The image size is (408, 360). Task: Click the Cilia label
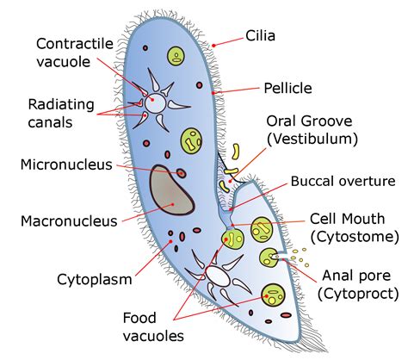261,36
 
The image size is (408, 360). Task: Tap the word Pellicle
287,87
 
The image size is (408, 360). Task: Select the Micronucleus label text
66,164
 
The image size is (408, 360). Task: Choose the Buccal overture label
342,181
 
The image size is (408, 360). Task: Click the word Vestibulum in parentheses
312,138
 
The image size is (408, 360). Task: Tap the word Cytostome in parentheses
355,236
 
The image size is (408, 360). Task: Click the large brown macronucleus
170,190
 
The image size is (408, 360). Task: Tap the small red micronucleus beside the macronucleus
182,173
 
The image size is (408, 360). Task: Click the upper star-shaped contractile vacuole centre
157,100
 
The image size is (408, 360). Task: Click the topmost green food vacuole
176,58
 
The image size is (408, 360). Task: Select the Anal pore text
355,276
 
